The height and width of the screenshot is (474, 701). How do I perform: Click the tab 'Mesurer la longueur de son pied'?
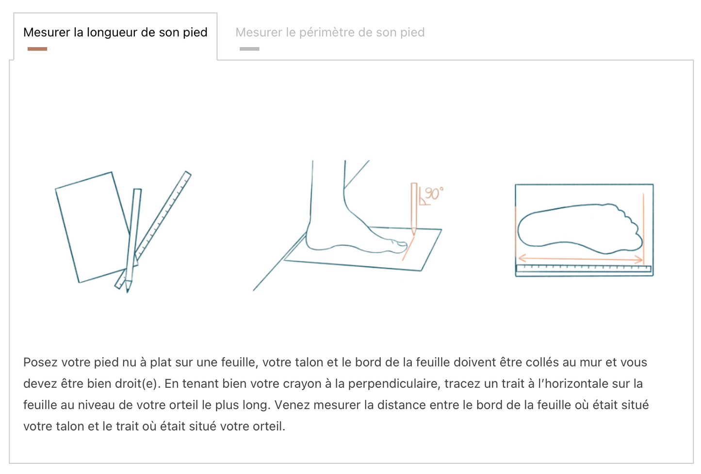point(115,33)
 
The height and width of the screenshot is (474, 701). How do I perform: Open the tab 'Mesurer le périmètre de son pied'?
point(330,33)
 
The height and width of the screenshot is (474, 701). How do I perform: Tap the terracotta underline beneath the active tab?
point(37,49)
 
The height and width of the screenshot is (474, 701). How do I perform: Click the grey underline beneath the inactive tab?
point(249,49)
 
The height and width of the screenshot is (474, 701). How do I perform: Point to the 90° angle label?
point(433,194)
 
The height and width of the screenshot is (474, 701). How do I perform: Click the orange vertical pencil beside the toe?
point(414,206)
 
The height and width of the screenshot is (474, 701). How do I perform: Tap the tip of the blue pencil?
point(128,289)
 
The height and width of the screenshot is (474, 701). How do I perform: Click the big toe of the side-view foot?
point(399,245)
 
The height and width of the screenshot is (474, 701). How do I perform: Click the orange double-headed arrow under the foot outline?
point(580,259)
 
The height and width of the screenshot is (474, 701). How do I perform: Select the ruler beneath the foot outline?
point(584,268)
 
